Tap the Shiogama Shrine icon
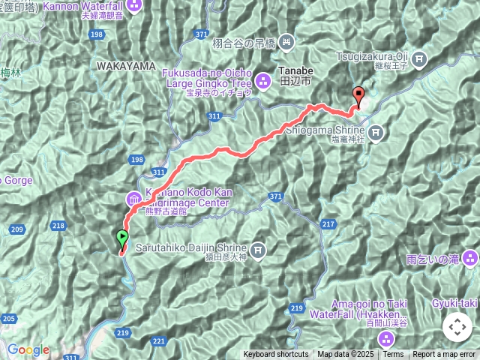pyautogui.click(x=376, y=133)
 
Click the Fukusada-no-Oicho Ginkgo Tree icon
pyautogui.click(x=264, y=80)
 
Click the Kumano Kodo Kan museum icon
pyautogui.click(x=133, y=199)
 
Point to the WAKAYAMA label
pyautogui.click(x=125, y=67)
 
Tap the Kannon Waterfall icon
pyautogui.click(x=134, y=5)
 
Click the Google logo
pyautogui.click(x=28, y=349)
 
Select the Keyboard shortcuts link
pyautogui.click(x=275, y=355)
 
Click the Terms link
pyautogui.click(x=393, y=355)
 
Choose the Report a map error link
pyautogui.click(x=444, y=355)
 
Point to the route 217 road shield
pyautogui.click(x=328, y=225)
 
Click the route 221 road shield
pyautogui.click(x=159, y=341)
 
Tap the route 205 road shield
pyautogui.click(x=8, y=319)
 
